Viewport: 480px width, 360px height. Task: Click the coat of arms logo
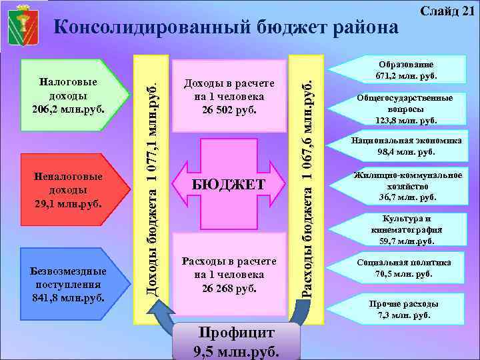(23, 24)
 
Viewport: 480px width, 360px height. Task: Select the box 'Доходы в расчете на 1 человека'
(229, 96)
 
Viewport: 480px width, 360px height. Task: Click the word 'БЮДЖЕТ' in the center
(229, 184)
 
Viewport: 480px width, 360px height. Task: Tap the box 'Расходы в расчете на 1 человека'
(229, 274)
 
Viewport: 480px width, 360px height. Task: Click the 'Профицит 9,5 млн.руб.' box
(225, 342)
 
